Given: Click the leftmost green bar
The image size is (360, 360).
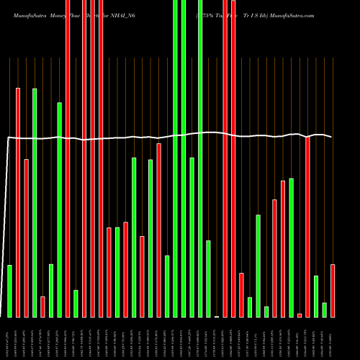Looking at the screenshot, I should coord(10,291).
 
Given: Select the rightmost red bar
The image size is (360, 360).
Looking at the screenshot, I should coord(333,291).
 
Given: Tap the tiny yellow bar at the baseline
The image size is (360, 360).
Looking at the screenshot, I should coord(217,316).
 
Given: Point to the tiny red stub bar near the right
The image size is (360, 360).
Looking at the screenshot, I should coord(300,315).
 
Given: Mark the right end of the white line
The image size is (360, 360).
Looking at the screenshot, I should coord(332,137).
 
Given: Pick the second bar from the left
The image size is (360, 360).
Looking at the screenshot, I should coord(18,202).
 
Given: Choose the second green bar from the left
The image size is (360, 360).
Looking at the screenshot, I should coord(35,202).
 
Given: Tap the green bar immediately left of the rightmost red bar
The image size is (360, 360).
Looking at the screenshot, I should coord(325,310).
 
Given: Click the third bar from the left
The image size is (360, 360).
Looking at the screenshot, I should coord(27,238).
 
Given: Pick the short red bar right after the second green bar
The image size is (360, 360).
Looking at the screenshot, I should coord(42,306).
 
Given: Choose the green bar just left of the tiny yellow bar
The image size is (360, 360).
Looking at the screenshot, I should coord(208,279).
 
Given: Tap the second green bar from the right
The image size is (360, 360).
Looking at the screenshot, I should coord(316,296).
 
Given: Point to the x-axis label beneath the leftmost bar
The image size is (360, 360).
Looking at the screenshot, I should coord(9,338).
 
